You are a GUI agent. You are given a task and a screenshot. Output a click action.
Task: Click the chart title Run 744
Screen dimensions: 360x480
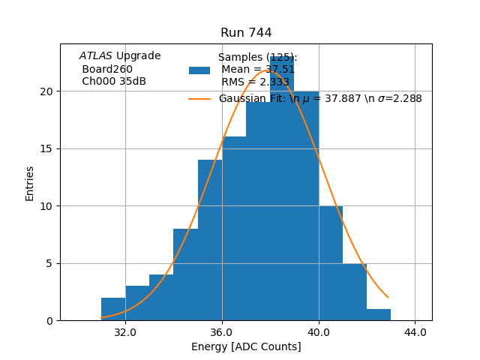pos(246,33)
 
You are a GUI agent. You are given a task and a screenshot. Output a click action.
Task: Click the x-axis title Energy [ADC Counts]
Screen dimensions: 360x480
pos(246,346)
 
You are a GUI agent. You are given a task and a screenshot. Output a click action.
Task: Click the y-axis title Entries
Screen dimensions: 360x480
pos(30,183)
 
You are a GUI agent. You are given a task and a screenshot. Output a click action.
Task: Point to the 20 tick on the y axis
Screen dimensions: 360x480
pos(46,91)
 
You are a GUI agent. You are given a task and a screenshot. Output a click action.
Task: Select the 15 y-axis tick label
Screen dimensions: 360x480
pos(46,148)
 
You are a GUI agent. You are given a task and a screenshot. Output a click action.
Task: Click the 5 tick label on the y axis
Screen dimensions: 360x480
pos(49,263)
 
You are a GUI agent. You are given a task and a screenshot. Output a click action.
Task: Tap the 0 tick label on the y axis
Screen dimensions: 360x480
pos(49,321)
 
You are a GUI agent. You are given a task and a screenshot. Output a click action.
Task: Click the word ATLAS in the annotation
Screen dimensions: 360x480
pos(96,56)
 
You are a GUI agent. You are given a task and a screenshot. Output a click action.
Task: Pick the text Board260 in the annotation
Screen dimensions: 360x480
pos(106,69)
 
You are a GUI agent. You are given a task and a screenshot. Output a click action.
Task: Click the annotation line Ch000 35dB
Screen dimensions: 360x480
pos(113,82)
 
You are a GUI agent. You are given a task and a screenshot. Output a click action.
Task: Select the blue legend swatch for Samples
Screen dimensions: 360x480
pos(199,70)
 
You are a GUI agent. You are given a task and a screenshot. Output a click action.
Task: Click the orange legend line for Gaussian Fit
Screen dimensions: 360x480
pos(199,99)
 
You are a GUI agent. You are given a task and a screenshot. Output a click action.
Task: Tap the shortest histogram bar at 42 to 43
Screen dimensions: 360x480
pos(379,315)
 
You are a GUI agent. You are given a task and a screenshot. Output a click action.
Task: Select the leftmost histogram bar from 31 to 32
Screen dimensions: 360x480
pos(113,309)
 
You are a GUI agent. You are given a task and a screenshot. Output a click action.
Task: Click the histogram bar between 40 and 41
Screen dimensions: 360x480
pos(331,263)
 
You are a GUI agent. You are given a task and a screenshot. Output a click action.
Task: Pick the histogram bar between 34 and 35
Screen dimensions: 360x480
pos(185,274)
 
